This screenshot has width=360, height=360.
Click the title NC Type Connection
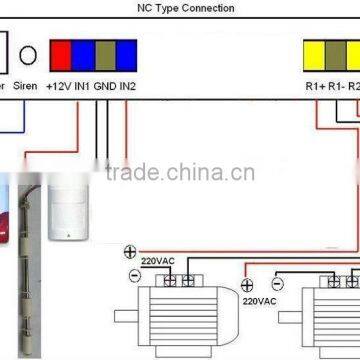click(x=185, y=8)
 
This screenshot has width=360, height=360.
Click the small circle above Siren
click(x=30, y=56)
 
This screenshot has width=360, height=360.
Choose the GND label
click(x=105, y=86)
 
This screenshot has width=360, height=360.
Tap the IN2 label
click(x=128, y=86)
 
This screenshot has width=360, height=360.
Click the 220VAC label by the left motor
click(x=157, y=261)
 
